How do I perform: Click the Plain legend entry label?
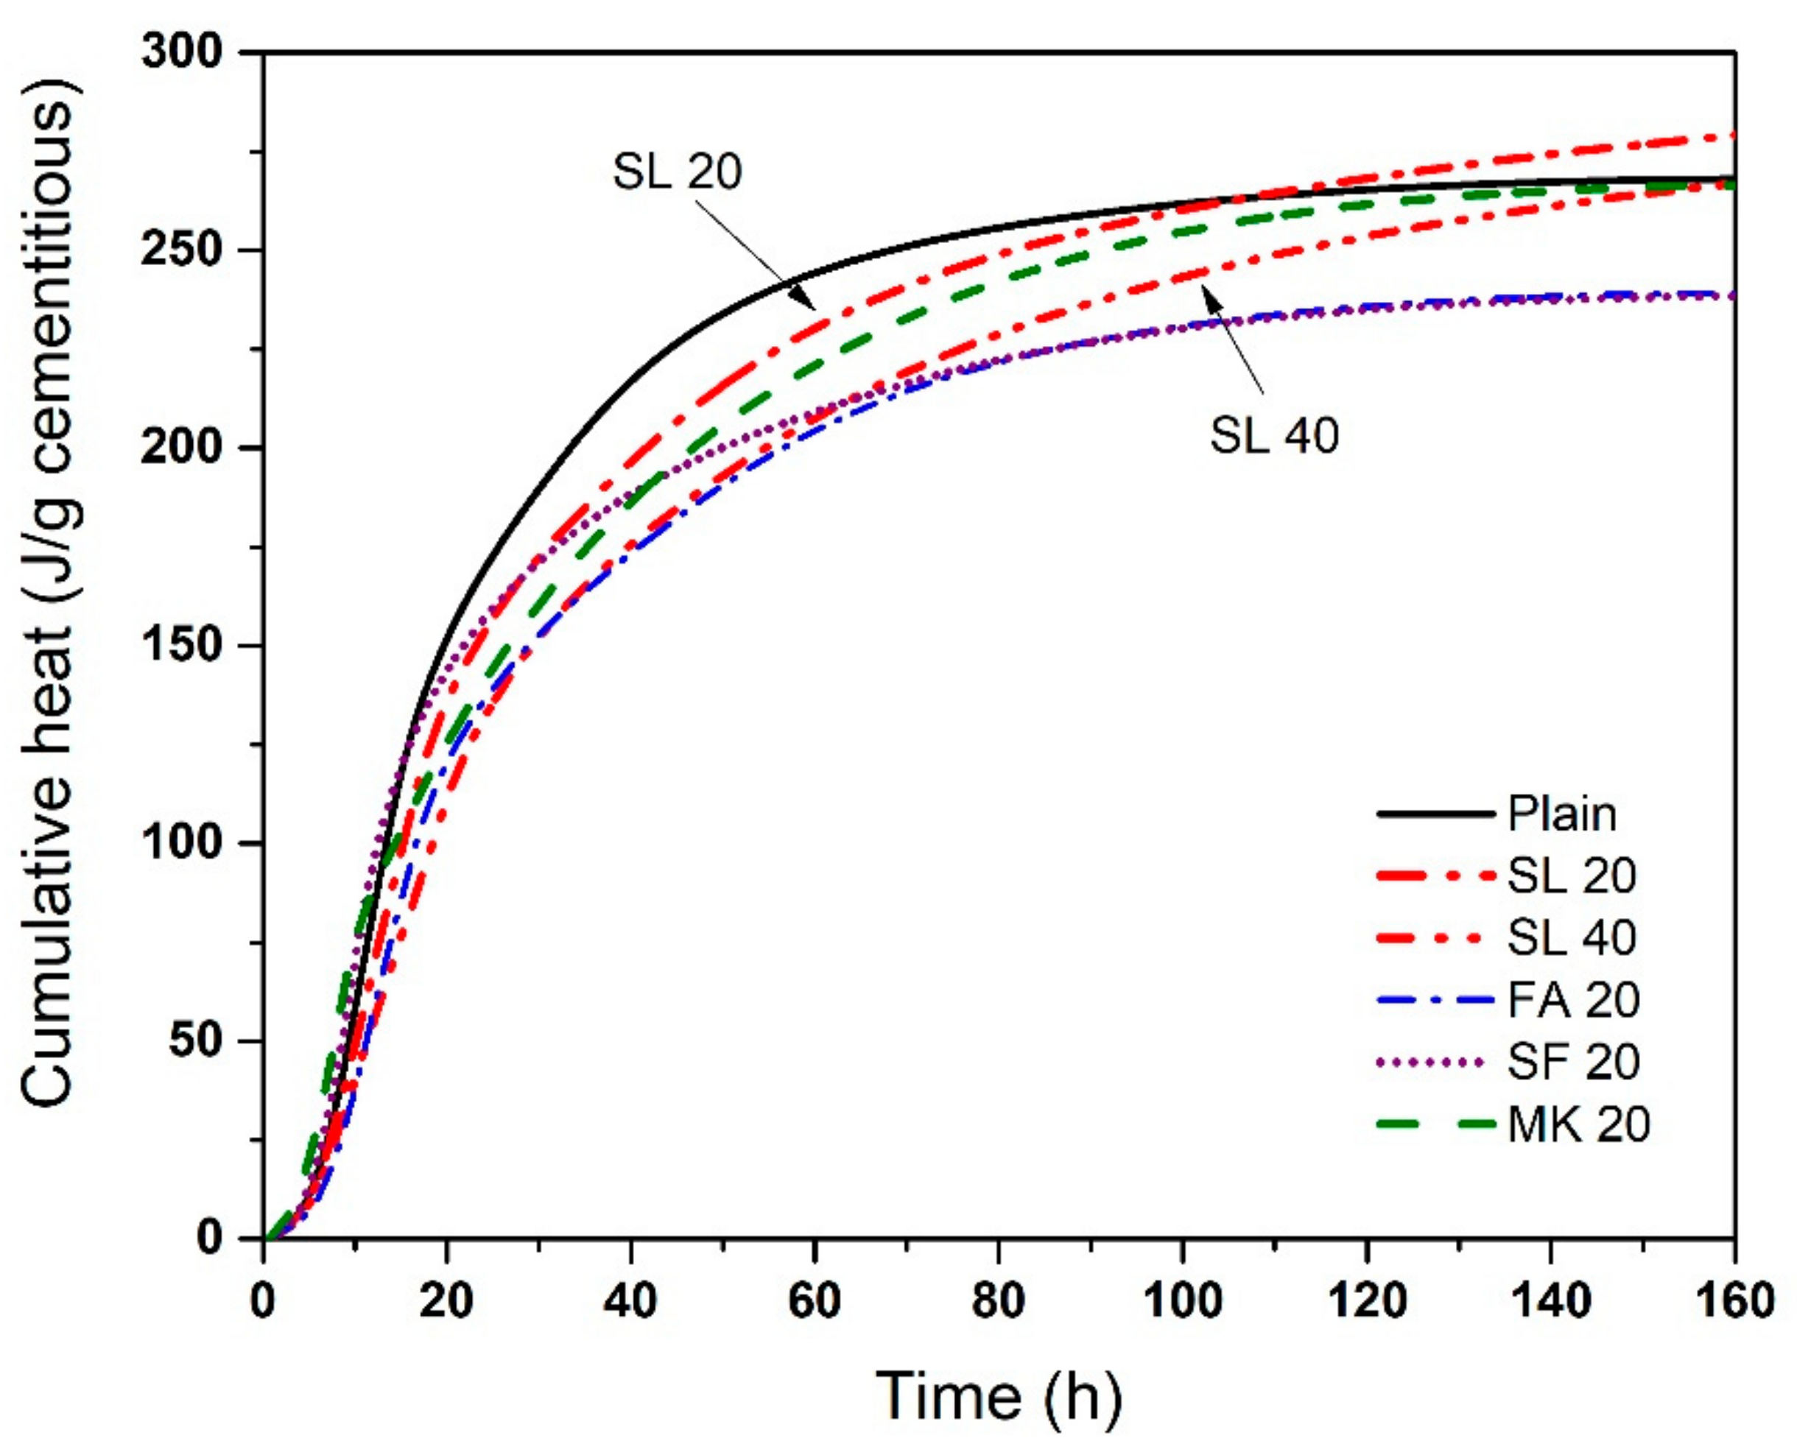pos(1561,814)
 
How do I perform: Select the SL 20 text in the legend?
pos(1572,876)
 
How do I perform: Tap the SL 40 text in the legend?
pos(1572,937)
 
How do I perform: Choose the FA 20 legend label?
pos(1573,999)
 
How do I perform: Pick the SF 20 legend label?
pos(1573,1061)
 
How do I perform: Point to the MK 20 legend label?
pos(1578,1123)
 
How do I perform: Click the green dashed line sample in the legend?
pos(1435,1123)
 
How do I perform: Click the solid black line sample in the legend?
pos(1435,814)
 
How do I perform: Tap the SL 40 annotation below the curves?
pos(1274,436)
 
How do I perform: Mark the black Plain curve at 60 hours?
pos(815,272)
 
